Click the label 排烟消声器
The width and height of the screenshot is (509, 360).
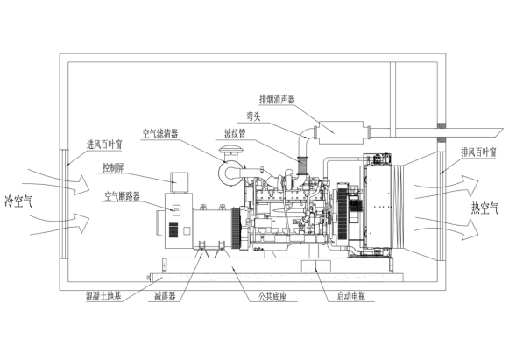click(x=277, y=99)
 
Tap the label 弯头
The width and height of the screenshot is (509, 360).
click(x=253, y=116)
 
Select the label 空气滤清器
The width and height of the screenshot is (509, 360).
click(x=160, y=133)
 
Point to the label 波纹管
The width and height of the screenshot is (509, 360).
click(x=235, y=133)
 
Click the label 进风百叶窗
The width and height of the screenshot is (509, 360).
click(x=104, y=145)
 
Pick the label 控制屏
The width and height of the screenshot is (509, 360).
click(x=113, y=168)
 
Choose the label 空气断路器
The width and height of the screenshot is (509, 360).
click(x=122, y=196)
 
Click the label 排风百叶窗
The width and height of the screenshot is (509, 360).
click(x=479, y=152)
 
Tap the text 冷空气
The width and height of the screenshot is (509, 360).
click(x=18, y=201)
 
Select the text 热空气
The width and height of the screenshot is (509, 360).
click(x=484, y=208)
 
